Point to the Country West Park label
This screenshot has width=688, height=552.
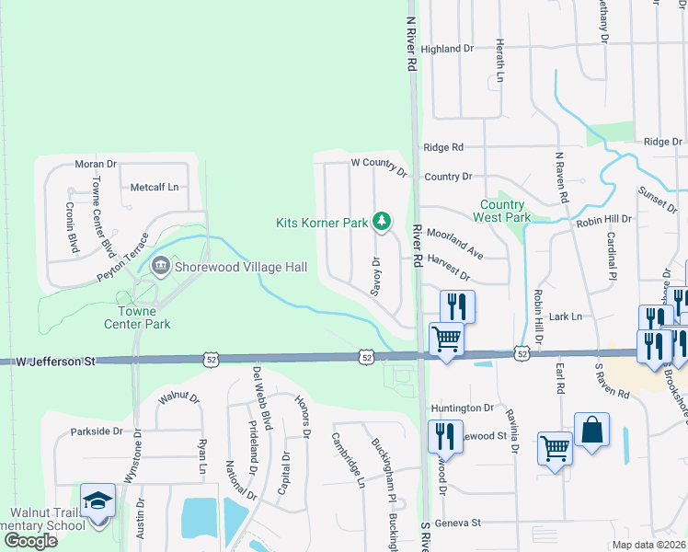point(502,211)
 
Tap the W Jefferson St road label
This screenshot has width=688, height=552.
point(55,362)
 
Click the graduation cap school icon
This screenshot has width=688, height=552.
point(97,501)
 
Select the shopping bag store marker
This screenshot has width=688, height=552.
point(591,430)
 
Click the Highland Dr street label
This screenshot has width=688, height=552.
point(447,49)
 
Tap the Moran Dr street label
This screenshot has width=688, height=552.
point(97,164)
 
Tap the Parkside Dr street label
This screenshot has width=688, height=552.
point(97,431)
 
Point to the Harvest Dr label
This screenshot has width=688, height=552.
point(449,273)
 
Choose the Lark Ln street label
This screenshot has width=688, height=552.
point(566,316)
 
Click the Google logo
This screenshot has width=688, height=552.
point(29,541)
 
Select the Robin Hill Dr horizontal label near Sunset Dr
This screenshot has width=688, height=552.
point(604,220)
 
